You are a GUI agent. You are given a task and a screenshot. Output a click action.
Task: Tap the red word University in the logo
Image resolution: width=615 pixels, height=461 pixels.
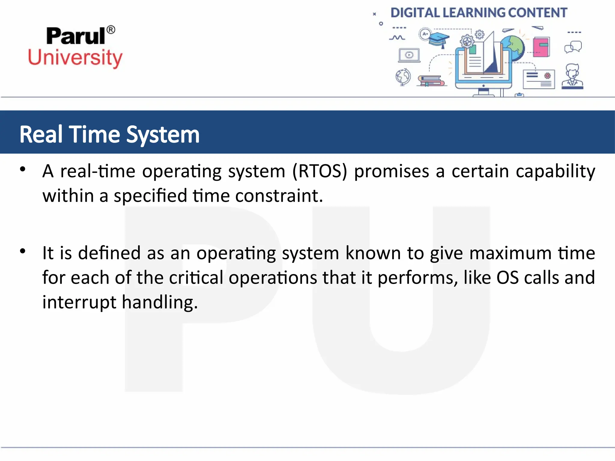coord(75,58)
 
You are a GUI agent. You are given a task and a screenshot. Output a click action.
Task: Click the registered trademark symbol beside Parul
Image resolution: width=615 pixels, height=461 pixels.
coord(111,30)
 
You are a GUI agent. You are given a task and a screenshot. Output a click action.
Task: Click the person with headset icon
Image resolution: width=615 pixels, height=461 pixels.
coord(572,77)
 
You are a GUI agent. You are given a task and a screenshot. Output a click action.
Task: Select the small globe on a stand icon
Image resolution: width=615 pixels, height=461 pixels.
coord(403,77)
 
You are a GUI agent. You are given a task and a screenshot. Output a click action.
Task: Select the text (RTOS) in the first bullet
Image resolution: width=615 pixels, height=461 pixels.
coord(320,171)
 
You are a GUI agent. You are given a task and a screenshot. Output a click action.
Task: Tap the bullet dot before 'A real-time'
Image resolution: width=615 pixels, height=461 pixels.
coord(23,170)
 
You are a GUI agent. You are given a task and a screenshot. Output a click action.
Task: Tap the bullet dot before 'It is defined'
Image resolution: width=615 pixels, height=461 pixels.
coord(23,251)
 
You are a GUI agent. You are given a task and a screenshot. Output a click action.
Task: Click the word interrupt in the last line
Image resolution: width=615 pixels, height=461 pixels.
coord(79,302)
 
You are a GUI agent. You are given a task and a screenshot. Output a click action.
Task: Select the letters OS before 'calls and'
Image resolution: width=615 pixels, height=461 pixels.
coord(507,278)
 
